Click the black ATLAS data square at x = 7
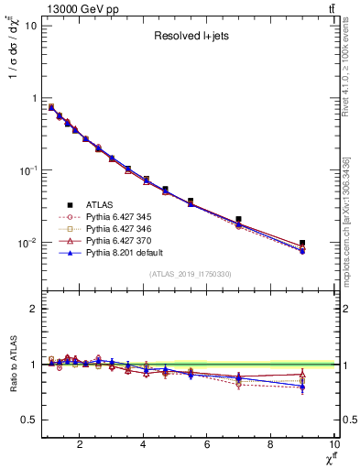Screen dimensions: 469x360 239,220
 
